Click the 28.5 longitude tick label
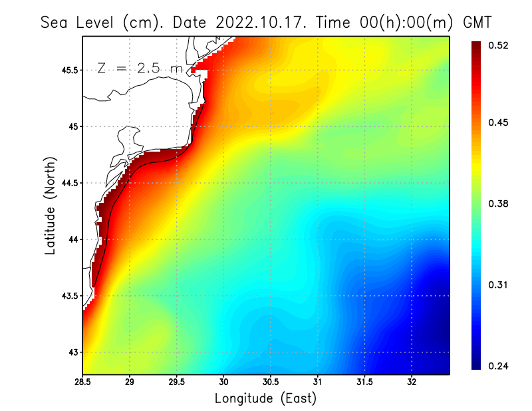coord(83,382)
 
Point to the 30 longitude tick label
coord(223,382)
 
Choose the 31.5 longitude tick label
coord(364,382)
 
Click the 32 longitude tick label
coord(412,382)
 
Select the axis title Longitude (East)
coord(265,398)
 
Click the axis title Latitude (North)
coord(50,205)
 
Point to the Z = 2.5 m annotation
coord(140,68)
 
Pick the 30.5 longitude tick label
coord(271,382)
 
